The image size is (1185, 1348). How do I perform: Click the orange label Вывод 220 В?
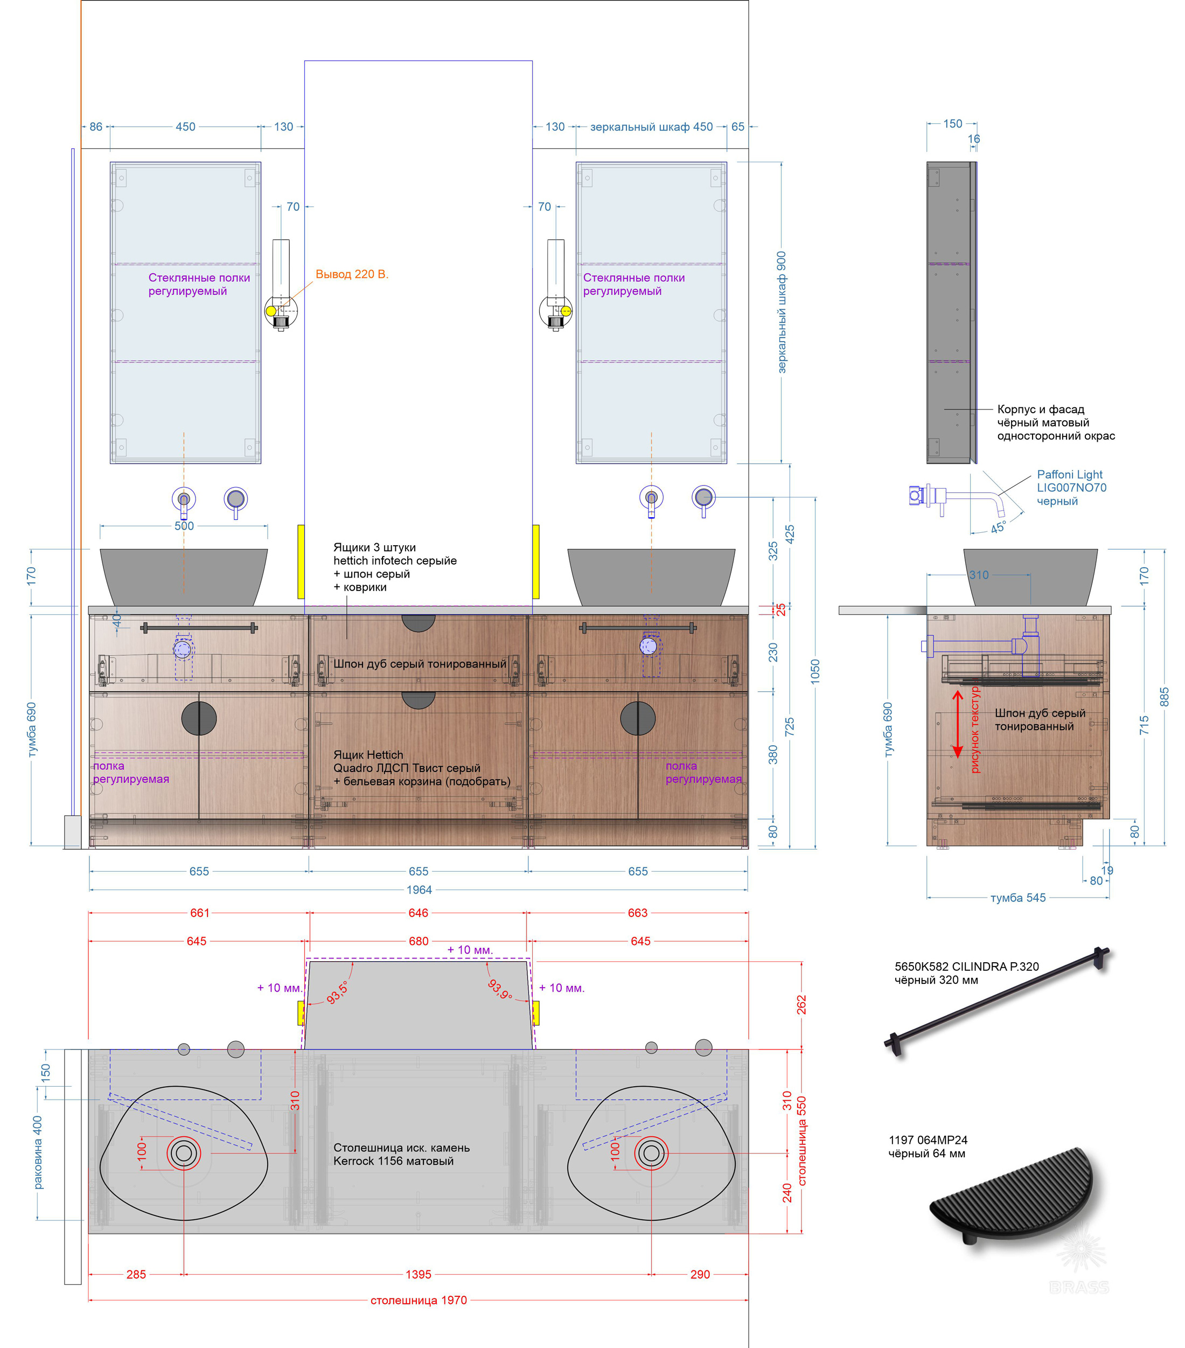tap(352, 274)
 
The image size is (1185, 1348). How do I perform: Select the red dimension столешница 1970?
tap(418, 1300)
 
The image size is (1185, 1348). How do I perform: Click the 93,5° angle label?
tap(337, 992)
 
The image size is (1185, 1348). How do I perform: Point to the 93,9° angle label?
tap(500, 989)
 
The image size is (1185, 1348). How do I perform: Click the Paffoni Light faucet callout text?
tap(1071, 488)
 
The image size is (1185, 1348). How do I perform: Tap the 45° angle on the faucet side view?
tap(999, 527)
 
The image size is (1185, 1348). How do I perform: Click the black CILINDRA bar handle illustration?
tap(996, 1001)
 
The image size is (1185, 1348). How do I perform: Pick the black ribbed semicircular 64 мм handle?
tap(1012, 1195)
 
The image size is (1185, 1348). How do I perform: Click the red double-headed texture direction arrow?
tap(958, 723)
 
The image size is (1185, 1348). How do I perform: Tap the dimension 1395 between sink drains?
tap(418, 1274)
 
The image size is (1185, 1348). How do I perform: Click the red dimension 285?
tap(136, 1274)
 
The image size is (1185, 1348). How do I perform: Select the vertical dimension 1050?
tap(815, 671)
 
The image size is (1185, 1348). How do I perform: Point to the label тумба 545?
tap(1017, 898)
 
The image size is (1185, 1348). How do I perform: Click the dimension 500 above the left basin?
tap(184, 526)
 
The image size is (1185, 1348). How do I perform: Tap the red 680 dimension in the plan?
tap(418, 941)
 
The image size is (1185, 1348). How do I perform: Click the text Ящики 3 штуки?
tap(374, 547)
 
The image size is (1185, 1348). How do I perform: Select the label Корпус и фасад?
tap(1041, 409)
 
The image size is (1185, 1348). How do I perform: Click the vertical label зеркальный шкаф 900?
tap(782, 312)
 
